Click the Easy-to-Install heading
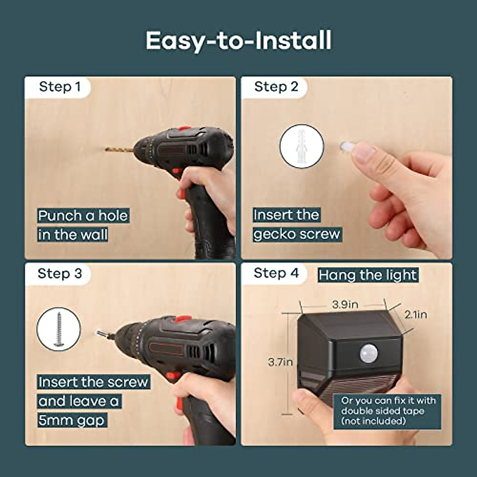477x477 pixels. [x=238, y=41]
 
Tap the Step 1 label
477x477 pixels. [x=60, y=87]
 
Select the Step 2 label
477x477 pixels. [x=276, y=87]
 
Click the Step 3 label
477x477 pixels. [x=60, y=273]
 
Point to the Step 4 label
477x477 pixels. [x=276, y=273]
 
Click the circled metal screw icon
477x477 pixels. [x=59, y=329]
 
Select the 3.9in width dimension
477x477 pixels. [x=345, y=304]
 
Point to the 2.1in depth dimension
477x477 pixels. [x=415, y=314]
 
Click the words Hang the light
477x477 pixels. [x=368, y=275]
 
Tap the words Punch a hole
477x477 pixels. [x=83, y=216]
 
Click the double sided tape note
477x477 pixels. [x=388, y=411]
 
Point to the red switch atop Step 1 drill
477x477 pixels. [x=184, y=130]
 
